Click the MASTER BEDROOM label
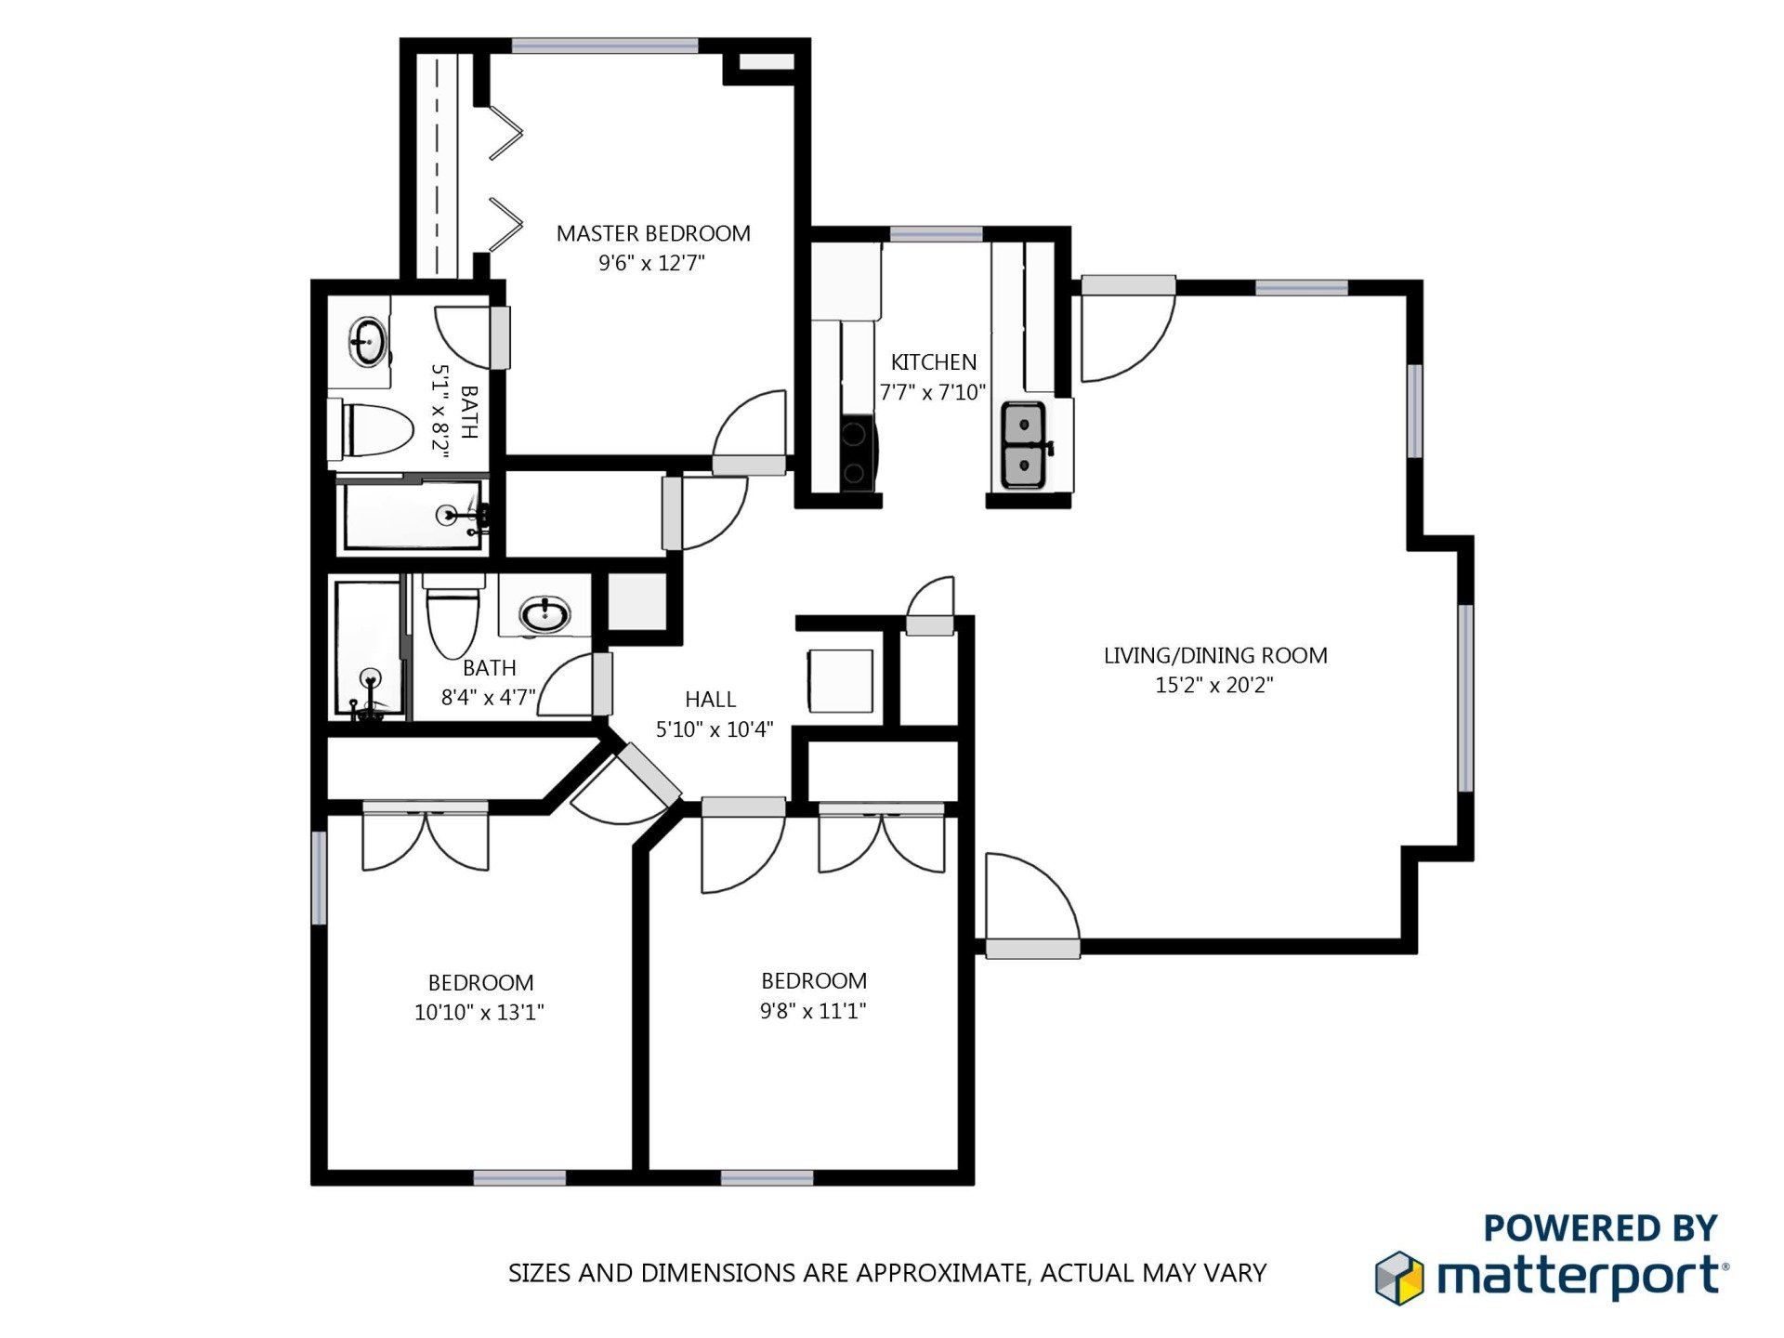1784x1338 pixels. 653,233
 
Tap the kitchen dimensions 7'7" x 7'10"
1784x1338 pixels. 933,392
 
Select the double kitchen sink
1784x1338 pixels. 1024,445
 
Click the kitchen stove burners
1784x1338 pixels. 855,454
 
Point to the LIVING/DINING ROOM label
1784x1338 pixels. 1214,655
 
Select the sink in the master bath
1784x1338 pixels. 368,341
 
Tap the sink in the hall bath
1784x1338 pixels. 544,614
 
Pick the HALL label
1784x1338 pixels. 710,699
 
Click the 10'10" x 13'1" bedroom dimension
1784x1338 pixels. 479,1012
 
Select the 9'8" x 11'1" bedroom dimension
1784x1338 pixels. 813,1010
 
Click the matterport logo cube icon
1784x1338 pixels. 1399,1278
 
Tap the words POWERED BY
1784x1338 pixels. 1600,1227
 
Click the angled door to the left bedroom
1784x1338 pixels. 649,773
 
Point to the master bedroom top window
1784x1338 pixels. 605,46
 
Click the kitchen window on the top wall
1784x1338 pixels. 936,233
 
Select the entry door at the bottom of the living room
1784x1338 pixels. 1032,948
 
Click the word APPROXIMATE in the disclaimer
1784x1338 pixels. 940,1272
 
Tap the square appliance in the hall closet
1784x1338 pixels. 840,681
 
